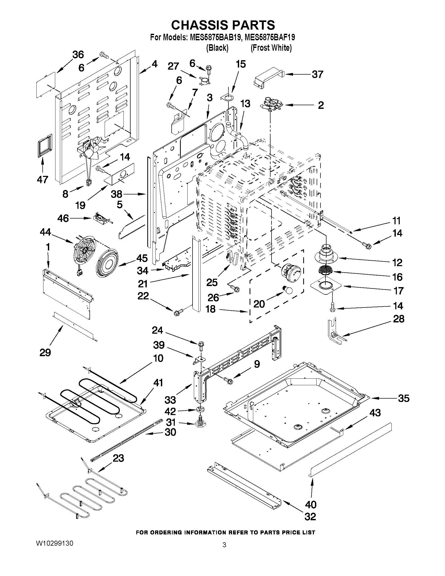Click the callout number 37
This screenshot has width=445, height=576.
pyautogui.click(x=317, y=75)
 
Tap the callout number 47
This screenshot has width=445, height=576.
pyautogui.click(x=42, y=180)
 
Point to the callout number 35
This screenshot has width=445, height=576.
pyautogui.click(x=404, y=398)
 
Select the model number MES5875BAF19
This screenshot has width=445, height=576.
pyautogui.click(x=269, y=38)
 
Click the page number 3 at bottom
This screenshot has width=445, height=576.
pyautogui.click(x=224, y=545)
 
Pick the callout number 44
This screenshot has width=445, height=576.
pyautogui.click(x=45, y=232)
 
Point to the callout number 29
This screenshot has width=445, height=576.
pyautogui.click(x=45, y=352)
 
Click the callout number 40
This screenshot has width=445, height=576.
pyautogui.click(x=311, y=505)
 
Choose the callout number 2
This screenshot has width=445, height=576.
pyautogui.click(x=320, y=105)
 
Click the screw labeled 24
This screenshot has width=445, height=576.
pyautogui.click(x=201, y=345)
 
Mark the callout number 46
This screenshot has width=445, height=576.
pyautogui.click(x=63, y=218)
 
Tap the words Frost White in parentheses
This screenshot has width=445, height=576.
pyautogui.click(x=271, y=48)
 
